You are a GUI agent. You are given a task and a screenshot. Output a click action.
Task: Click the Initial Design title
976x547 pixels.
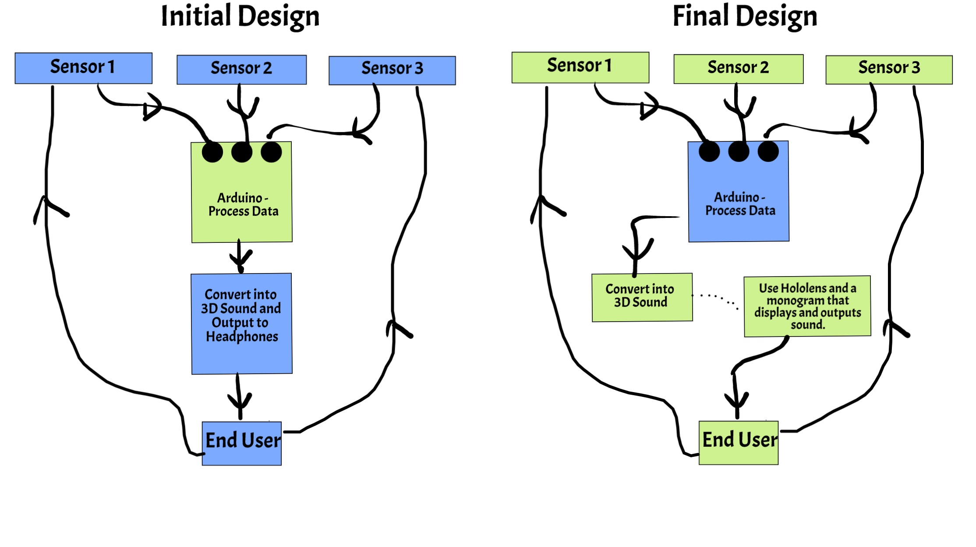click(240, 17)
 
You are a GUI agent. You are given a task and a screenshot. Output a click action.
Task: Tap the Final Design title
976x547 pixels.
click(745, 17)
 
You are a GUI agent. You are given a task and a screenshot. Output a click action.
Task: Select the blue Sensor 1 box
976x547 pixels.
click(84, 68)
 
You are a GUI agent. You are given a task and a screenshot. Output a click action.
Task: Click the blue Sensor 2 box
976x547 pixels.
click(242, 70)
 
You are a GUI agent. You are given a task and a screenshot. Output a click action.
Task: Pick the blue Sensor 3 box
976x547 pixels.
click(392, 70)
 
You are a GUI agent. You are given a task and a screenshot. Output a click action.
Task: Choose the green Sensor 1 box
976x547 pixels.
click(580, 67)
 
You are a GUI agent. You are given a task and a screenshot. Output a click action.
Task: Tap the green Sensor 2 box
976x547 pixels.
click(739, 69)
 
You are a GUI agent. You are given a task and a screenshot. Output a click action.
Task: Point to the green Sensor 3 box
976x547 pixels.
click(889, 70)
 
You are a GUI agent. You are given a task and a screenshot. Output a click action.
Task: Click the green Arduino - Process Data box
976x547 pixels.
click(242, 192)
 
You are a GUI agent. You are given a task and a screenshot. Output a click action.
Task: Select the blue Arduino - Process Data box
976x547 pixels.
click(739, 191)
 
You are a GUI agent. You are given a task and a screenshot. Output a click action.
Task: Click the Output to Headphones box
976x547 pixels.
click(242, 324)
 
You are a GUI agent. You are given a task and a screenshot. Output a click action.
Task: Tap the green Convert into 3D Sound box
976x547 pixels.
click(642, 298)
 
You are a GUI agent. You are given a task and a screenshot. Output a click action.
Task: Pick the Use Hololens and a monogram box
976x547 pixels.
click(807, 306)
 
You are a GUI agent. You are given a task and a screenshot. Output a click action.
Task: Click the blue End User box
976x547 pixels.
click(242, 443)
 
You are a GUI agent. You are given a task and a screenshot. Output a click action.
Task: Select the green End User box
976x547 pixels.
click(739, 442)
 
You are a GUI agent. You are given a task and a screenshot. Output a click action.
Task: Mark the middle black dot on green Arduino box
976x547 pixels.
click(242, 152)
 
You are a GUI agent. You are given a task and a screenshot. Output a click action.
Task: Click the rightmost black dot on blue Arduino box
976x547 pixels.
click(768, 151)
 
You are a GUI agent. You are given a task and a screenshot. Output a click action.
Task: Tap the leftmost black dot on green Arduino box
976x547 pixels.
click(212, 152)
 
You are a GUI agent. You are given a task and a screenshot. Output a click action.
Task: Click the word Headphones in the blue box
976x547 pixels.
click(242, 337)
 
